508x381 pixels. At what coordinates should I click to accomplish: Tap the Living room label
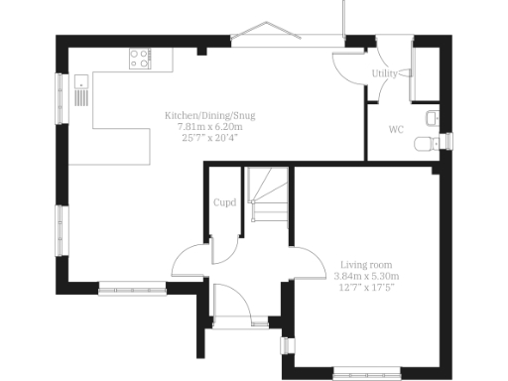click(x=368, y=265)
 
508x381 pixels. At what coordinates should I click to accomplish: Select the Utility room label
click(x=385, y=74)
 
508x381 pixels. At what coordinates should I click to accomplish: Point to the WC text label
click(x=396, y=130)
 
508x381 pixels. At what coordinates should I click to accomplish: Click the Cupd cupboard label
click(x=224, y=203)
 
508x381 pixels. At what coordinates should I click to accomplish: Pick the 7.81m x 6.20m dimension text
click(x=209, y=128)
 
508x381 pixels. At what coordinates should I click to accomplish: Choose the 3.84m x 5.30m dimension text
click(x=368, y=276)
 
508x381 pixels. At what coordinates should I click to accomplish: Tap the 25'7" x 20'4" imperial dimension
click(x=209, y=139)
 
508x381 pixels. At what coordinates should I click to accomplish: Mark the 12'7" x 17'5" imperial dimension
click(x=368, y=287)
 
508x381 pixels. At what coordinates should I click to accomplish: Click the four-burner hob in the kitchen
click(x=140, y=59)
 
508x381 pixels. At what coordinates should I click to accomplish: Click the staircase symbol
click(x=268, y=198)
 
